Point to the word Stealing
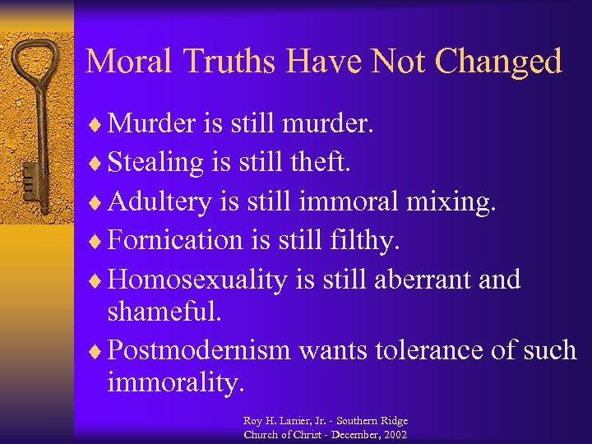tap(155, 163)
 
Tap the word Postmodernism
tap(200, 350)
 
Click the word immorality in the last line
tap(175, 382)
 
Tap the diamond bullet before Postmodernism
tap(97, 351)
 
